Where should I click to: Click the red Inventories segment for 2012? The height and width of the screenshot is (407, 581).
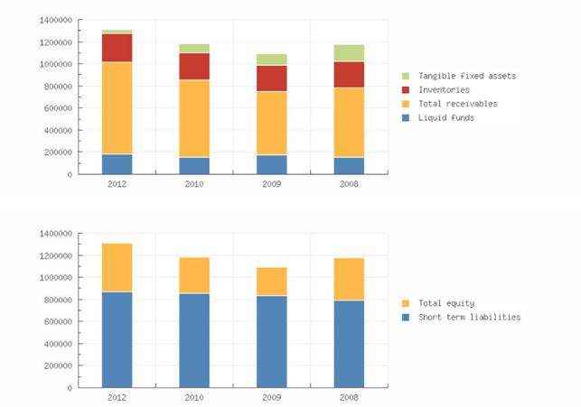[117, 48]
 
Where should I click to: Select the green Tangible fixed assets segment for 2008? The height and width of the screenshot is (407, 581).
[349, 52]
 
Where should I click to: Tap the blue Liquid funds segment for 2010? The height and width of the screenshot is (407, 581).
[194, 165]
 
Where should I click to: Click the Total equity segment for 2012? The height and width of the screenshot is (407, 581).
[117, 267]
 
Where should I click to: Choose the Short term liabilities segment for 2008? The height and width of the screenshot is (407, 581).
[349, 344]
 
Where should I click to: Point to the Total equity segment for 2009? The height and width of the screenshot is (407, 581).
[271, 281]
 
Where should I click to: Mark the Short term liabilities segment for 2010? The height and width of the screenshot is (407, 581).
[194, 340]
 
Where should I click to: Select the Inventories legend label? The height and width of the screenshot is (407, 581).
[444, 89]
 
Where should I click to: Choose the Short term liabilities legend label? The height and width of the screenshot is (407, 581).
[469, 317]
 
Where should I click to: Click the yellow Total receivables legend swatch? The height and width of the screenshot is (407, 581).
[406, 104]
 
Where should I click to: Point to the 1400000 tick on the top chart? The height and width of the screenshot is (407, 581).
[54, 20]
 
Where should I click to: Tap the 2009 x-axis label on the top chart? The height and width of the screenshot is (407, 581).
[271, 183]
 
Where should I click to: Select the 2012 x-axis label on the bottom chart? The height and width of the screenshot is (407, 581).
[117, 397]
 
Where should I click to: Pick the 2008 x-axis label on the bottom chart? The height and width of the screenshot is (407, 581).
[349, 397]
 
